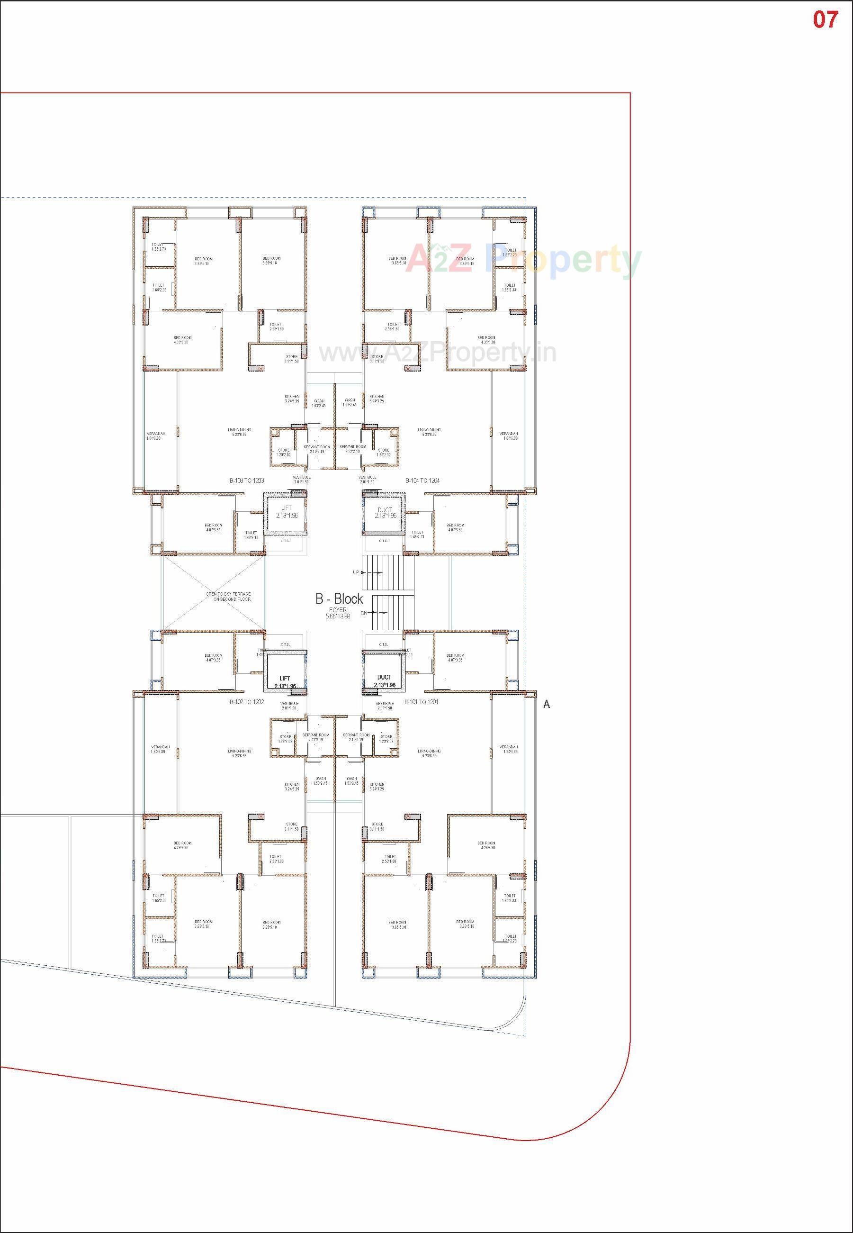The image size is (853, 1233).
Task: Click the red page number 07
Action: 825,20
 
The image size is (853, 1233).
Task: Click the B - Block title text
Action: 339,599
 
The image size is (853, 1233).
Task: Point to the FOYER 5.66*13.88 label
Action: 338,613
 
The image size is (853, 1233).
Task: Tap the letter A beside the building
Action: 546,704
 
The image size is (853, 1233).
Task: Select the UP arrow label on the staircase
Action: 356,572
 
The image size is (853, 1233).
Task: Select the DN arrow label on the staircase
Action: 364,613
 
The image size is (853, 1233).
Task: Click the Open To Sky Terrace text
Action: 228,597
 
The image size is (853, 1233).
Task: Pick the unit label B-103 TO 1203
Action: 247,481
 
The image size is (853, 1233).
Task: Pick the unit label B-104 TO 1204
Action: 422,481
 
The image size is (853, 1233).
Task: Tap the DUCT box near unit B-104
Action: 384,512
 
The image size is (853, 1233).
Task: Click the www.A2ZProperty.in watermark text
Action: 437,353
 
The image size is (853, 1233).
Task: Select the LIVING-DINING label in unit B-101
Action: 429,753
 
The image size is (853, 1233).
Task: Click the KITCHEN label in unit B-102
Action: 292,787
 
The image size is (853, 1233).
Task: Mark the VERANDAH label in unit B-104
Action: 508,436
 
